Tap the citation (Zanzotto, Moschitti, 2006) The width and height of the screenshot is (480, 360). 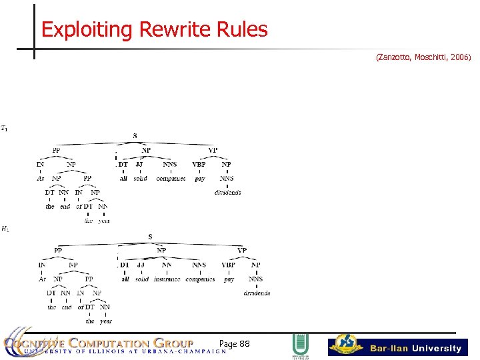(x=423, y=58)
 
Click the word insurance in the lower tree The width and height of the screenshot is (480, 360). (x=167, y=279)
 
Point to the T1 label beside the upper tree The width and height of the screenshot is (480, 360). (x=5, y=128)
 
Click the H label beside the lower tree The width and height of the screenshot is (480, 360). (x=5, y=229)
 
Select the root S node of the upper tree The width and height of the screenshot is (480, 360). (x=135, y=136)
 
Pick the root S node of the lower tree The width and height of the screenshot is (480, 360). (x=150, y=237)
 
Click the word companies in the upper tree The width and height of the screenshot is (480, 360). (x=171, y=179)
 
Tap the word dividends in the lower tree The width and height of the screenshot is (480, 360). (x=257, y=293)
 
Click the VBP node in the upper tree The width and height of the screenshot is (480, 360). (x=199, y=164)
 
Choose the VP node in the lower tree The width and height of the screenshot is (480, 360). (x=241, y=251)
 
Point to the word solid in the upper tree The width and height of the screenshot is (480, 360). (x=140, y=179)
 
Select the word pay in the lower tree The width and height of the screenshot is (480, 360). (x=229, y=279)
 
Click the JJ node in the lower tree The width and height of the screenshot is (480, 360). (x=141, y=265)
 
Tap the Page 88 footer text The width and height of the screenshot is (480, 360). (x=234, y=343)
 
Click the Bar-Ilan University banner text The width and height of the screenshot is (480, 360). (x=415, y=348)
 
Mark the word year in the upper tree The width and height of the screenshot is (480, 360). (x=104, y=221)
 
